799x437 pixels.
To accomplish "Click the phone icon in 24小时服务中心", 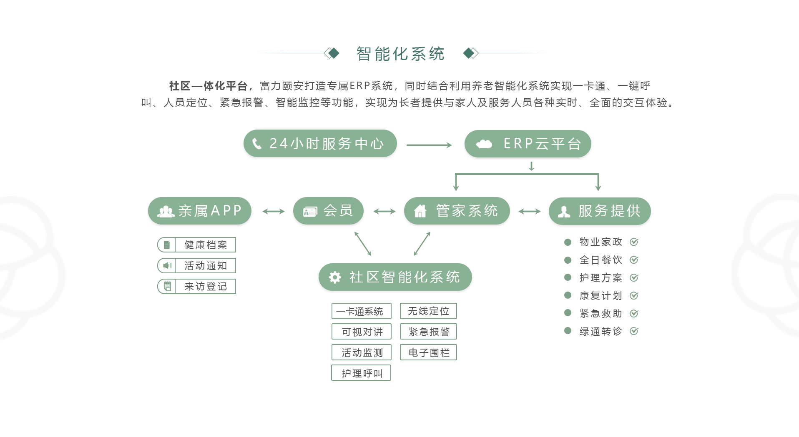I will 257,144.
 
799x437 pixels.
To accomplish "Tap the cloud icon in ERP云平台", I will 484,144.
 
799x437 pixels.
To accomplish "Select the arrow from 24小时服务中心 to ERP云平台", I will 429,145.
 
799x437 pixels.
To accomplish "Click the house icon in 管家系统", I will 420,211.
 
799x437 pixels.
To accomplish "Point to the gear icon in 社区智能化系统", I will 335,277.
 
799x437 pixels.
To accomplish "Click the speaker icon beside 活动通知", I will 167,266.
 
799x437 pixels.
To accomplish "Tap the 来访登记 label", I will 206,287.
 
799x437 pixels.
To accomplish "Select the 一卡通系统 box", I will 361,311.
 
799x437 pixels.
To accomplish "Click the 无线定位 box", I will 428,311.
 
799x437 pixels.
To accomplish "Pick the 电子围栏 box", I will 428,352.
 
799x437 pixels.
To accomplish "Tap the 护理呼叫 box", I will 361,373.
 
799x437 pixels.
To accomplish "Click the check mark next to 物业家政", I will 634,242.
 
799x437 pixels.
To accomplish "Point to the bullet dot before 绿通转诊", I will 568,331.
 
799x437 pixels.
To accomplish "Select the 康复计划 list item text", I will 601,296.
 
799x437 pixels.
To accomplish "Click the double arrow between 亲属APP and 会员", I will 273,212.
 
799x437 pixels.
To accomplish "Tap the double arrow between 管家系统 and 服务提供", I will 529,212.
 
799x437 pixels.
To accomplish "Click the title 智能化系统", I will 400,54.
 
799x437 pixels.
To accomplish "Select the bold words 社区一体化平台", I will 208,86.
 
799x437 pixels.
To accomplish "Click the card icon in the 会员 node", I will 310,212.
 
